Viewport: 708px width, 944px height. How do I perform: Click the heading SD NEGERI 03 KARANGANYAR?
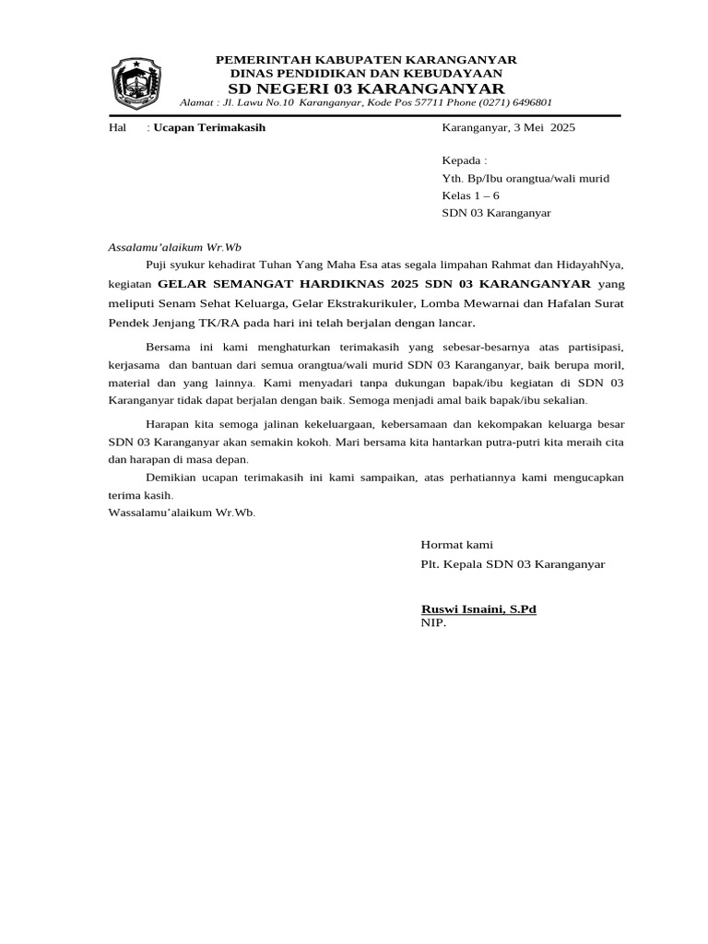pos(366,88)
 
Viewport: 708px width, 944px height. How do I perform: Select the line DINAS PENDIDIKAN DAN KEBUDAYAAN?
pos(366,73)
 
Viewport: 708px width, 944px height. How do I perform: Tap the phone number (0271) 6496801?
pos(513,102)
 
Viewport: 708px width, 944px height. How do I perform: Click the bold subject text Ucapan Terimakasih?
pos(209,127)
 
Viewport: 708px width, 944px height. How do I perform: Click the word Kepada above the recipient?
pos(462,160)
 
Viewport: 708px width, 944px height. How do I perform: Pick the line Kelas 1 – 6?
pos(470,195)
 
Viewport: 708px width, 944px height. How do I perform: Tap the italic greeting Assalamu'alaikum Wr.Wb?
pos(174,247)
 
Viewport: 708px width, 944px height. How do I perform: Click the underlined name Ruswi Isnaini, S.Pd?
pos(478,609)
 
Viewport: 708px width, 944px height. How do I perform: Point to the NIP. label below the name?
pos(433,623)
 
